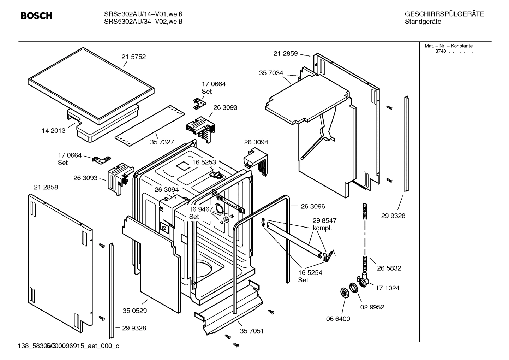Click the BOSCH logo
pos(36,16)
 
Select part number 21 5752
pos(133,57)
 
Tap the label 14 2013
pos(54,131)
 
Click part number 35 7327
pos(162,142)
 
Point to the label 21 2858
pos(46,187)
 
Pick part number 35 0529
pos(135,311)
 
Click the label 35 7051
pos(252,331)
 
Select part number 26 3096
pos(313,206)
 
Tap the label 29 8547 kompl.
pos(324,224)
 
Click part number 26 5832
pos(389,268)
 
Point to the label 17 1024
pos(387,288)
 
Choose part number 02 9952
pos(372,307)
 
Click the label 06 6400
pos(338,319)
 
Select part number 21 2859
pos(286,54)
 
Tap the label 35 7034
pos(271,73)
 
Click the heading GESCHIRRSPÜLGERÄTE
pos(444,14)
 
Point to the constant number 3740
pos(441,51)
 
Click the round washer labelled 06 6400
pos(344,293)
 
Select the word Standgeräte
pos(423,22)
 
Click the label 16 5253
pos(204,162)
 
